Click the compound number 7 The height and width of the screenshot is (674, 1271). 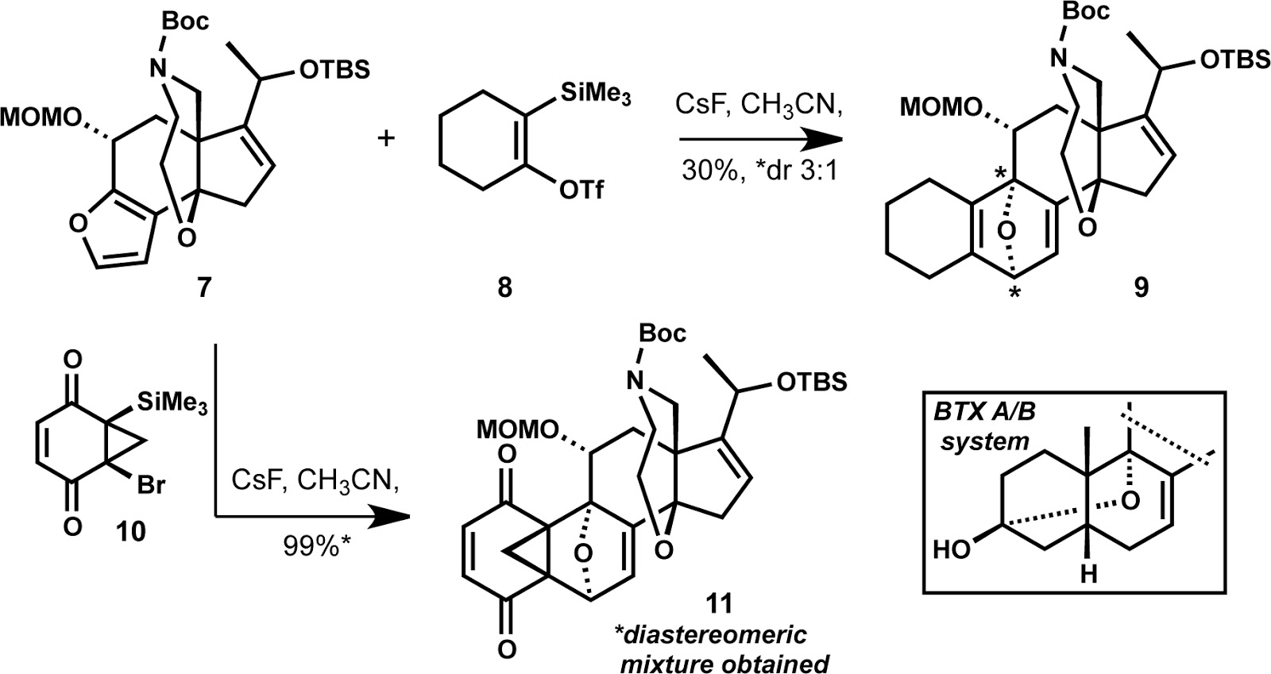[x=205, y=287]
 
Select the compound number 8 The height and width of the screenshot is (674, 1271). [x=505, y=287]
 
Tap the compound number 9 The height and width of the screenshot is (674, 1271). [x=1141, y=287]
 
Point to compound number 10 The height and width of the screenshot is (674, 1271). [x=130, y=530]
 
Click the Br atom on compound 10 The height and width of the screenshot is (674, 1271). [x=150, y=484]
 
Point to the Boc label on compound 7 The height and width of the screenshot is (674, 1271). [x=184, y=20]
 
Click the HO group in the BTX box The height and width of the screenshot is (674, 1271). [x=952, y=547]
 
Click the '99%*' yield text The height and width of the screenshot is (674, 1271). [x=313, y=545]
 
